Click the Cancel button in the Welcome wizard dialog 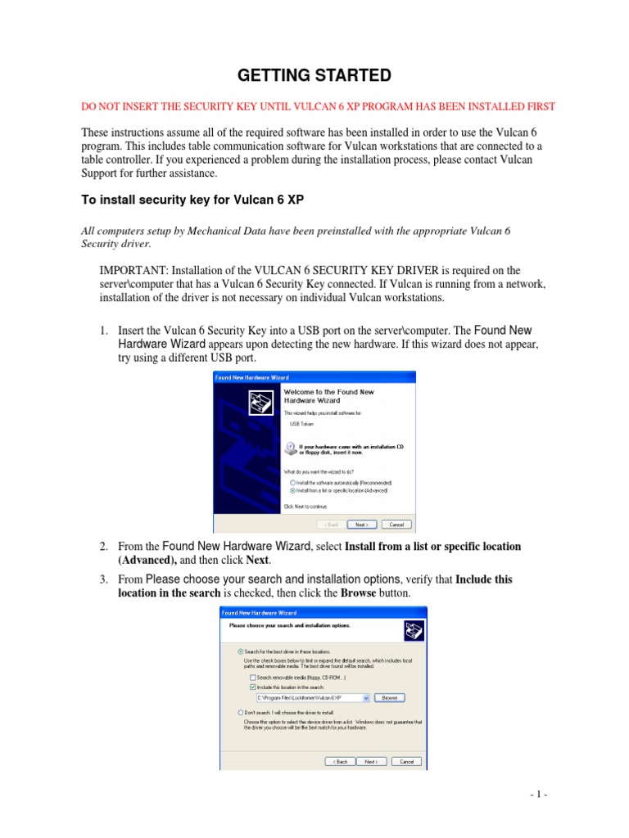coord(396,525)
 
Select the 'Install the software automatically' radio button coord(292,483)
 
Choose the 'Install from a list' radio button coord(292,490)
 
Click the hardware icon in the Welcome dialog coord(260,403)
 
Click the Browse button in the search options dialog coord(389,697)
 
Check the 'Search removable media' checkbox coord(252,678)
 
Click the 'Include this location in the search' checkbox coord(252,687)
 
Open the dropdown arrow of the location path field coord(365,698)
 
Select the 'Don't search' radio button coord(240,713)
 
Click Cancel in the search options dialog coord(405,761)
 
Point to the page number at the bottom coord(536,795)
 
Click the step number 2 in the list coord(103,546)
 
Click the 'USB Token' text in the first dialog coord(301,424)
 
